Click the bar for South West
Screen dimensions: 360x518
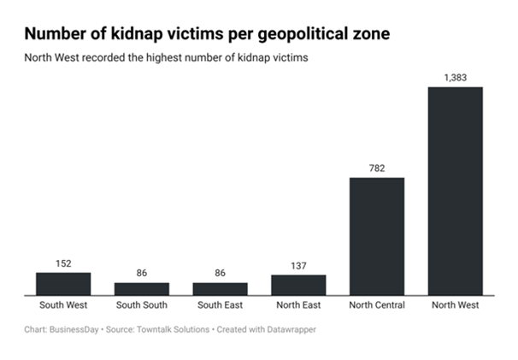(63, 284)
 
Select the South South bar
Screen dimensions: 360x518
(142, 289)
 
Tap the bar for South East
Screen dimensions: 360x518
(220, 289)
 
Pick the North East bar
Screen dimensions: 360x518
(298, 285)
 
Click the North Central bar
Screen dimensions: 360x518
(377, 236)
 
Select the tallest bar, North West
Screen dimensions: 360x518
(455, 191)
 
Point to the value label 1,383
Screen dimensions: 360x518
(456, 78)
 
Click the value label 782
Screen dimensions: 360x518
(377, 168)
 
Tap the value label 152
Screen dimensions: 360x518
(63, 264)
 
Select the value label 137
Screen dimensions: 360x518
(298, 267)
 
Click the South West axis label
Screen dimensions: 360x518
(63, 304)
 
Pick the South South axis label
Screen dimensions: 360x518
(142, 304)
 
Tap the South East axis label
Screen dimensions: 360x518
(220, 304)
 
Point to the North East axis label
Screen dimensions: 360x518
(298, 304)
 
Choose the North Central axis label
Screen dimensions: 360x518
(377, 304)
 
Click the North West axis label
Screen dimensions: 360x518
(455, 304)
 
